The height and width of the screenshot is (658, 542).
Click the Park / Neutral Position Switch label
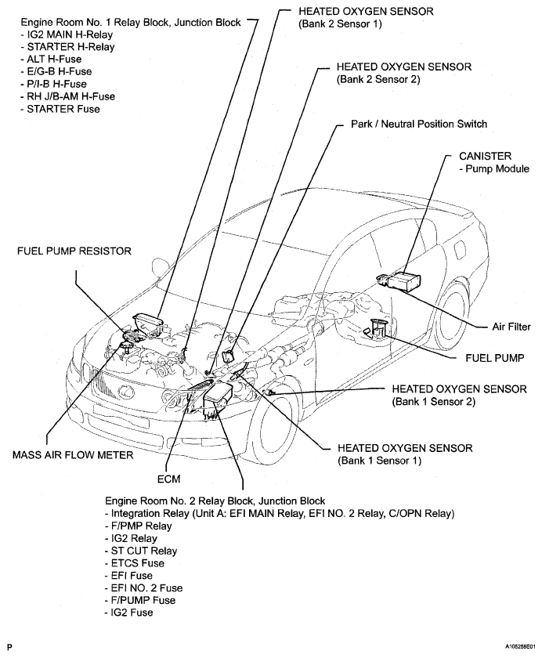pyautogui.click(x=418, y=124)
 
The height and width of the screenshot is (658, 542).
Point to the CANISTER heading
pyautogui.click(x=486, y=156)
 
